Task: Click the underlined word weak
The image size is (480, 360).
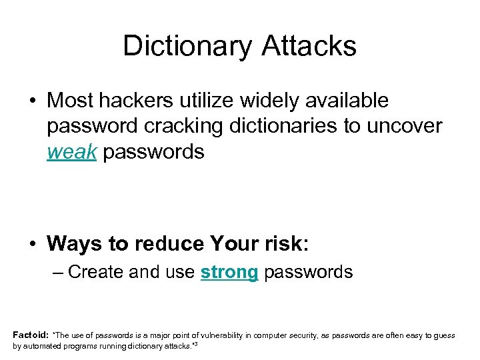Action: point(72,152)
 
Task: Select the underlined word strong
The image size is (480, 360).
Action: point(229,272)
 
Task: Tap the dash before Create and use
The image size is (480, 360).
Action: point(58,272)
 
